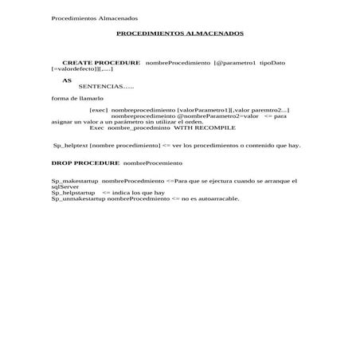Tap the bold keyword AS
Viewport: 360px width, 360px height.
click(67, 80)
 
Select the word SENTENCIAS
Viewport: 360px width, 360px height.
click(100, 86)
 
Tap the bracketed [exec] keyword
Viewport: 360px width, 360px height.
click(99, 109)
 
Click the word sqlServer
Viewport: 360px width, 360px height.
click(65, 186)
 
